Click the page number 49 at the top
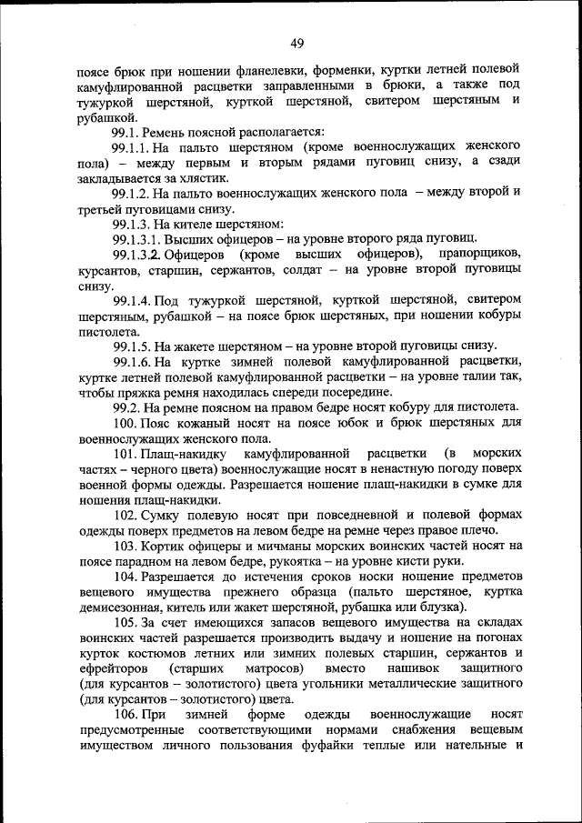pos(297,42)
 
